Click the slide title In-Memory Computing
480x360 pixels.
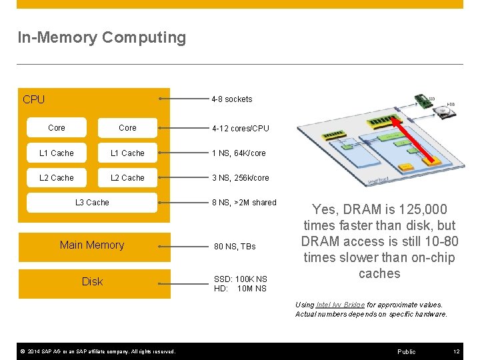101,38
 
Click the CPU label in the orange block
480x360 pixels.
33,100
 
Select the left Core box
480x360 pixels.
57,128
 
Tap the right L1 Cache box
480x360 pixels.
127,153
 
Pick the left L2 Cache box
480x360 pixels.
57,178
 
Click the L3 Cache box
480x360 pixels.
92,203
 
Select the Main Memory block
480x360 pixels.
92,245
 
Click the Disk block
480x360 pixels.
92,282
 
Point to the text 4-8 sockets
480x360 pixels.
231,99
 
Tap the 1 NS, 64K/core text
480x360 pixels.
239,153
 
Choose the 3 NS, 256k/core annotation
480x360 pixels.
241,178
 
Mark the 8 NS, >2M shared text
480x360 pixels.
244,203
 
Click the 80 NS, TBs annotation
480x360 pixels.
235,247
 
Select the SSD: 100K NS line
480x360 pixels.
240,279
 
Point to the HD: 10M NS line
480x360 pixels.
240,289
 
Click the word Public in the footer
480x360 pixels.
406,351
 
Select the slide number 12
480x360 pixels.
456,351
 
